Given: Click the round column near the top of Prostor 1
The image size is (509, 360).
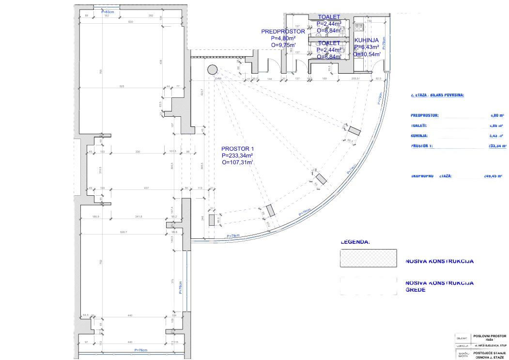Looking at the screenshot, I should (x=213, y=70).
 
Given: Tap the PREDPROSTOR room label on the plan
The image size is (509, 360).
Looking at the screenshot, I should (x=283, y=31).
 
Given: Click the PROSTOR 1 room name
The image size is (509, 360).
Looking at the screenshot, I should (x=237, y=149).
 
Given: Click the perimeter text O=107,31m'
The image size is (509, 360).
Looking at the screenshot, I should (x=238, y=163).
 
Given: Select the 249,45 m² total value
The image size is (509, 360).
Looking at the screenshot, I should (x=493, y=176).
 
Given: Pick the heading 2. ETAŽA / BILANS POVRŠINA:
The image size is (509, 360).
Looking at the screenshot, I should (x=437, y=95).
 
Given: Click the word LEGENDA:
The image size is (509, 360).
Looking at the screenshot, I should (x=355, y=241).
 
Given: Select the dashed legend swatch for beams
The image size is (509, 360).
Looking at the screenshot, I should (x=368, y=286).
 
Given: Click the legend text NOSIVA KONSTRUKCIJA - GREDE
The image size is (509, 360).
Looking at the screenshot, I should (x=441, y=286).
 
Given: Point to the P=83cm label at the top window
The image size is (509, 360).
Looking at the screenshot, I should (x=108, y=12).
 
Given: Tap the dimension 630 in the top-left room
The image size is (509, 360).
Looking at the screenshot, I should (x=130, y=22).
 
